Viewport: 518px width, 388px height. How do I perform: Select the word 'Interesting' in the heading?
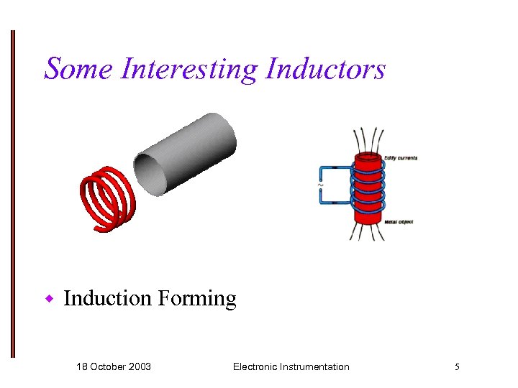pyautogui.click(x=189, y=69)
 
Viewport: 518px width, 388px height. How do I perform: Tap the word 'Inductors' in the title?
pyautogui.click(x=326, y=69)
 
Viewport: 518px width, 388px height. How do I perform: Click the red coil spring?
pyautogui.click(x=108, y=198)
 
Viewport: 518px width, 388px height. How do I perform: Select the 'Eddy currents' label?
pyautogui.click(x=400, y=157)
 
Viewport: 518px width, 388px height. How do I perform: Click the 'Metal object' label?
pyautogui.click(x=399, y=222)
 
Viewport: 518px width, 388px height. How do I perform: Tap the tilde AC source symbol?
pyautogui.click(x=319, y=185)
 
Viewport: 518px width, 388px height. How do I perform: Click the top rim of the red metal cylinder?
pyautogui.click(x=367, y=156)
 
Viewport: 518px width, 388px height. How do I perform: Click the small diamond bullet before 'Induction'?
pyautogui.click(x=50, y=297)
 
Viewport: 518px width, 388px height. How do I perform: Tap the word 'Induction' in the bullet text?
pyautogui.click(x=107, y=297)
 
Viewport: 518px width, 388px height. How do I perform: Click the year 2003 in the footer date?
pyautogui.click(x=139, y=366)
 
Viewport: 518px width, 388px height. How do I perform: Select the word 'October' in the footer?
pyautogui.click(x=108, y=366)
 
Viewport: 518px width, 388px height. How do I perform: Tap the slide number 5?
pyautogui.click(x=457, y=366)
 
